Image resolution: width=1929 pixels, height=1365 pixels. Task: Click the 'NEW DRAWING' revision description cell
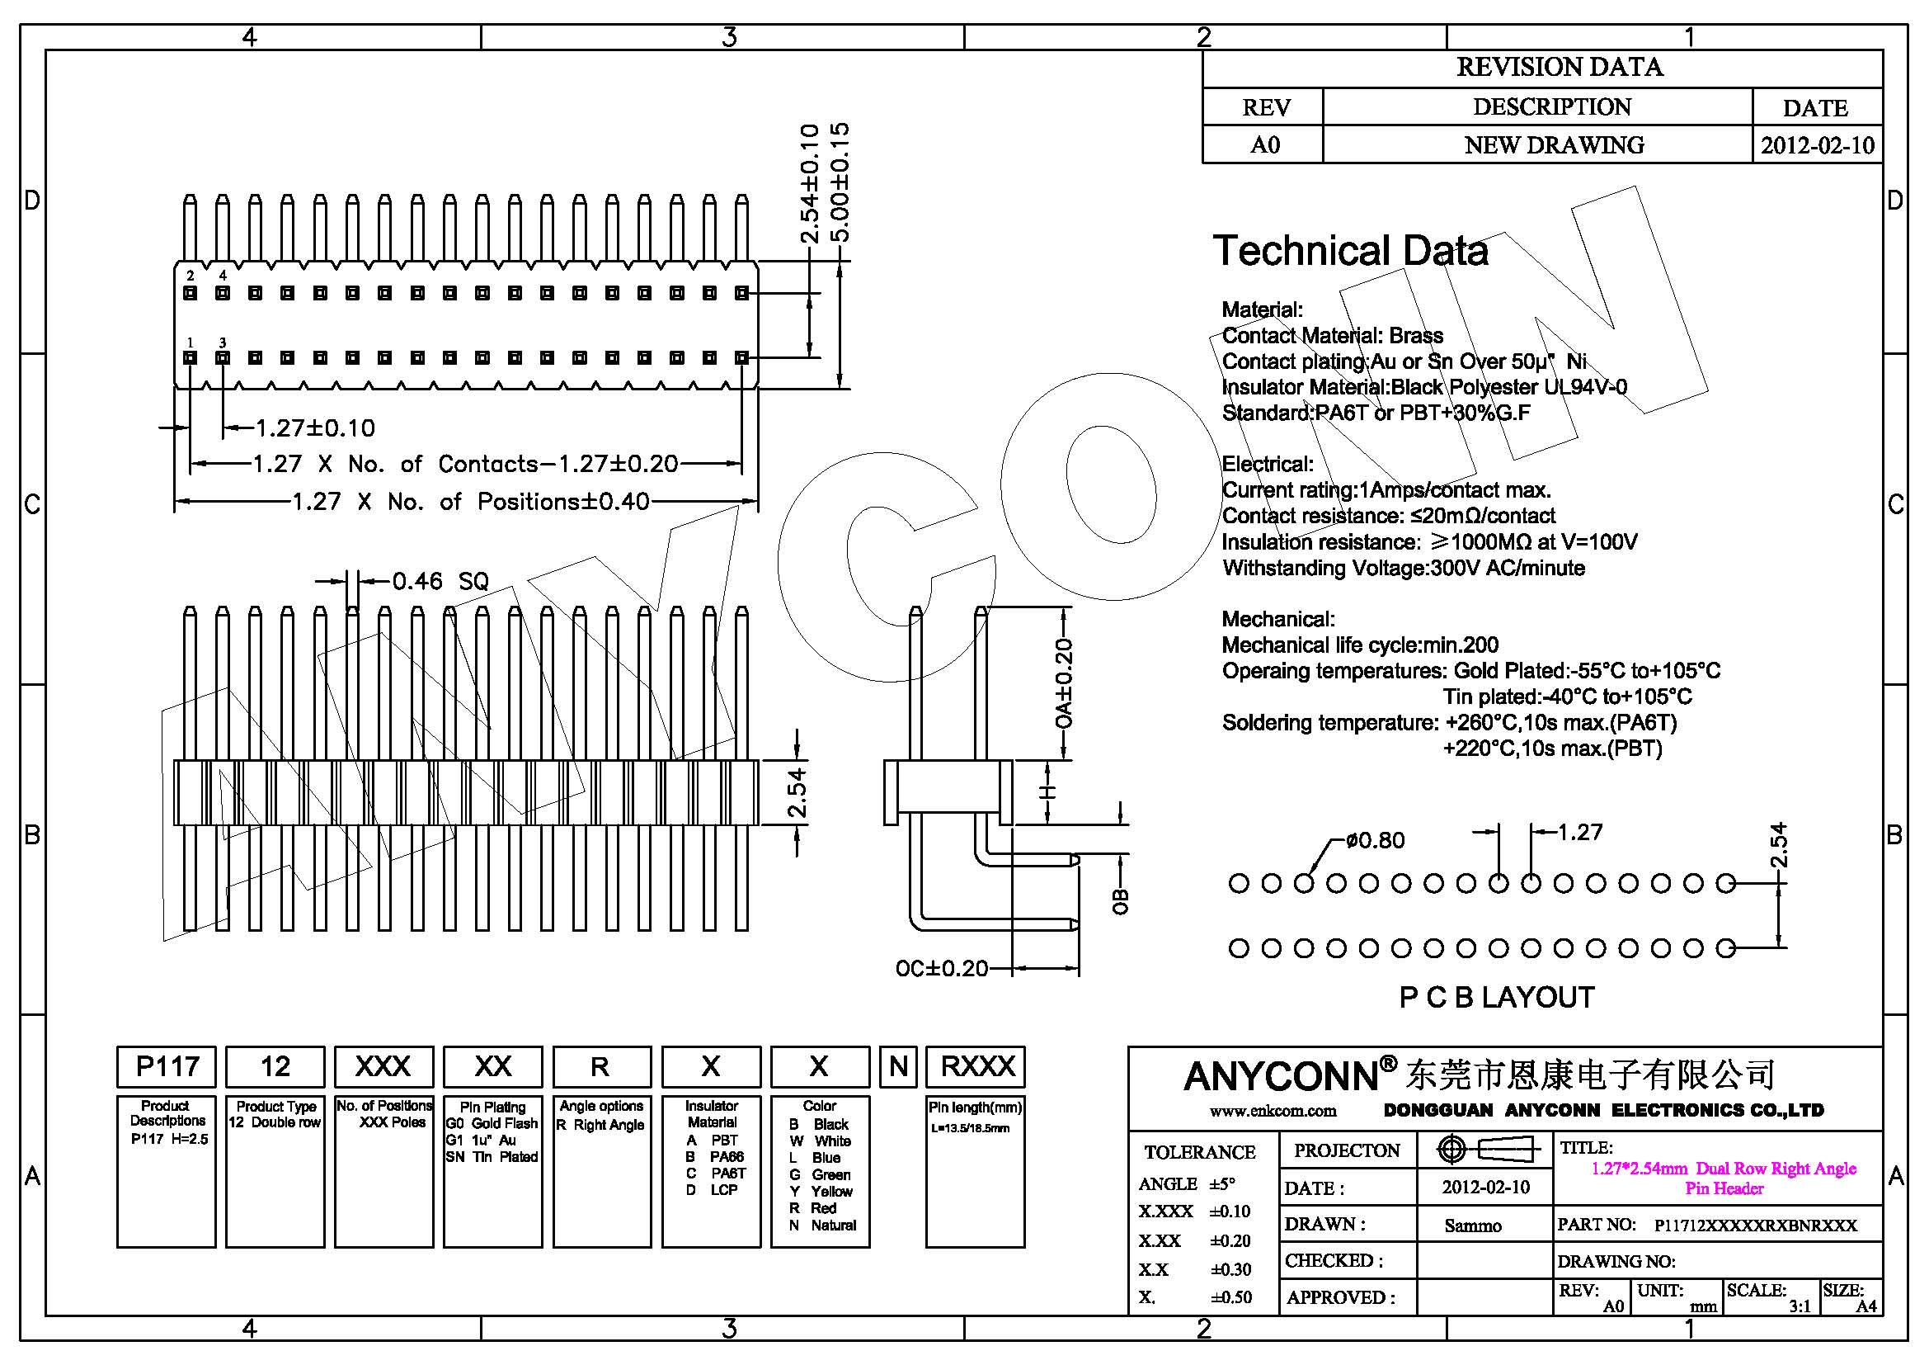tap(1554, 145)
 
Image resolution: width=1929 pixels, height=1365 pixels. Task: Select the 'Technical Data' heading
tap(1350, 251)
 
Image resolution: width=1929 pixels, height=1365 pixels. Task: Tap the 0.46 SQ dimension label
tap(440, 581)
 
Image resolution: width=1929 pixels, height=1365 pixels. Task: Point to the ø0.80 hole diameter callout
tap(1375, 839)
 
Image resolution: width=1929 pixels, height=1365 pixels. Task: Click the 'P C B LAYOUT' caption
tap(1496, 997)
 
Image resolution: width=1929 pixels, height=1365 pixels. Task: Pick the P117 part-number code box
tap(167, 1066)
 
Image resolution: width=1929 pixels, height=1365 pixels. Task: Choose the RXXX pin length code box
tap(976, 1066)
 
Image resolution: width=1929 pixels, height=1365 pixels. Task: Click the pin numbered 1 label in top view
tap(191, 342)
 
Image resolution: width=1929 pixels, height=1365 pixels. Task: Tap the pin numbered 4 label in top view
tap(223, 275)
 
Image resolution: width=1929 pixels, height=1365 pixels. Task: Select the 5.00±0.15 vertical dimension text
tap(840, 182)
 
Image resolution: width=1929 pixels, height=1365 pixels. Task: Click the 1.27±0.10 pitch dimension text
tap(315, 428)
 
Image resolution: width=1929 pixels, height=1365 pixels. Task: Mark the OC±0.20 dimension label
tap(941, 968)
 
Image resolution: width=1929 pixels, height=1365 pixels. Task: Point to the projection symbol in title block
tap(1484, 1149)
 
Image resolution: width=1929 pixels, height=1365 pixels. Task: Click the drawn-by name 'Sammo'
tap(1473, 1226)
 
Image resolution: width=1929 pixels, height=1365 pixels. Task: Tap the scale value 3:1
tap(1799, 1306)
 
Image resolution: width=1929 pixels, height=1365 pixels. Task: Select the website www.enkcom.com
tap(1272, 1111)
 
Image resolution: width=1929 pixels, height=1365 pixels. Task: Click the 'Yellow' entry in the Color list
tap(831, 1191)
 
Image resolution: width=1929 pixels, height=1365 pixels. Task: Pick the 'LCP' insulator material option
tap(723, 1189)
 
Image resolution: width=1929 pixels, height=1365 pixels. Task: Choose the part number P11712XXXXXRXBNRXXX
tap(1755, 1226)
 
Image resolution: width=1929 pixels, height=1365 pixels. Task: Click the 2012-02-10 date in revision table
tap(1816, 145)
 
